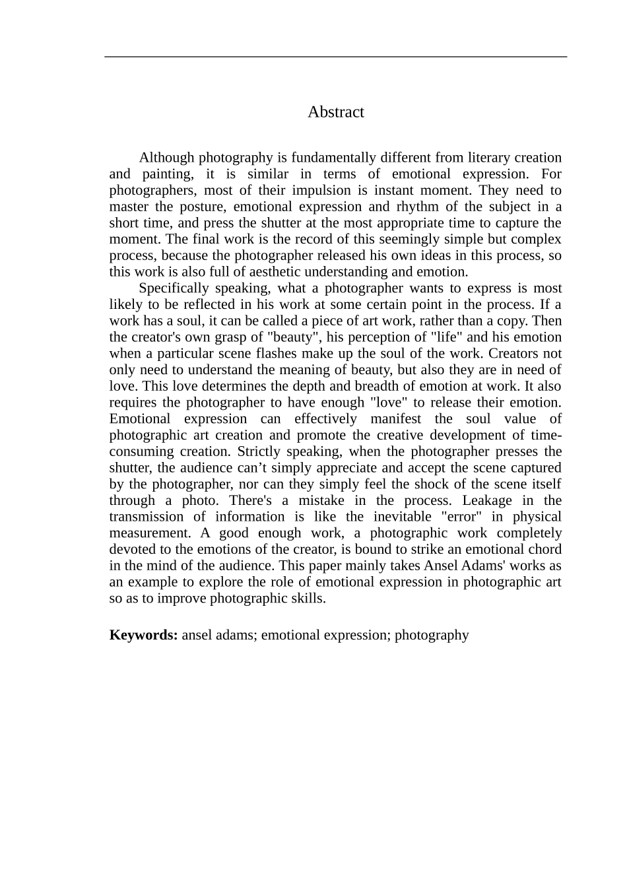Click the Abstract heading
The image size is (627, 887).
[x=335, y=112]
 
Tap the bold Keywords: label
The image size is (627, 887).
[x=143, y=635]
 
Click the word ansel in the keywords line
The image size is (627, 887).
[x=197, y=635]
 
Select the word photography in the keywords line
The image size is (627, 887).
[x=432, y=635]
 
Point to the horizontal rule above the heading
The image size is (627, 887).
[x=335, y=57]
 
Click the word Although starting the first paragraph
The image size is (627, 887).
[x=166, y=158]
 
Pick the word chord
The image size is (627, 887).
[x=546, y=550]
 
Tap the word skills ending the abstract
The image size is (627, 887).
[x=308, y=599]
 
